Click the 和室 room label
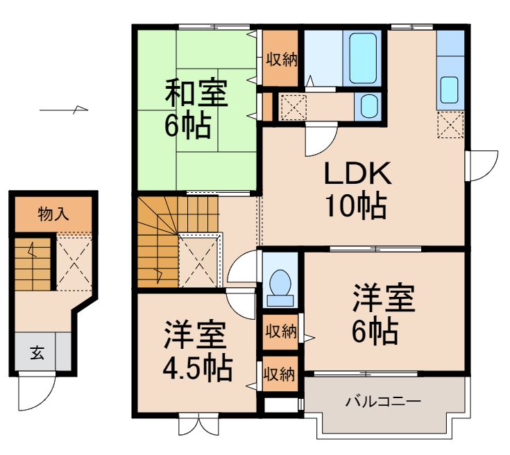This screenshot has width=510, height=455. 196,93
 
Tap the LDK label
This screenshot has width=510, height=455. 359,174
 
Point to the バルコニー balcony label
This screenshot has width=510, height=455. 382,402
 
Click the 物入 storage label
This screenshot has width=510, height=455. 53,214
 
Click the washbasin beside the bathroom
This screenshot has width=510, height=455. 368,107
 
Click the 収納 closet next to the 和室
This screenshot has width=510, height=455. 280,58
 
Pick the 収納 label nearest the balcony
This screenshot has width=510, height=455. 279,375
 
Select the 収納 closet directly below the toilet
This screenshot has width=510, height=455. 280,332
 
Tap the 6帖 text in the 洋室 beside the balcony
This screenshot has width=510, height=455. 375,332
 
